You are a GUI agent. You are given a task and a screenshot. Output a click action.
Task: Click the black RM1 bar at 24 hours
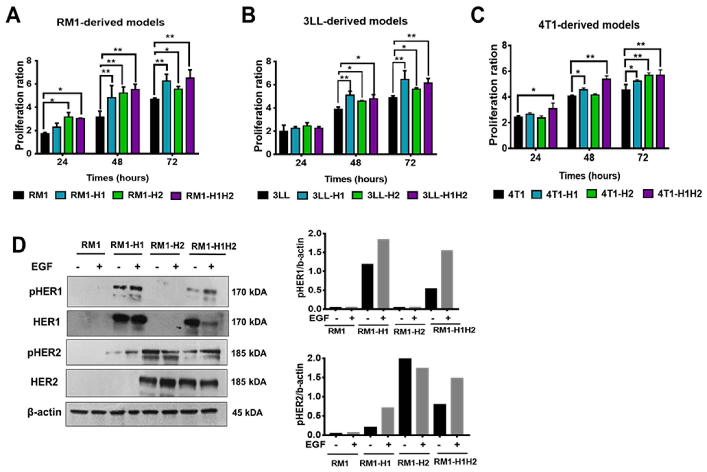tap(45, 143)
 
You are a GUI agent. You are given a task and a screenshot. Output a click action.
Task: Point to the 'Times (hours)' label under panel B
tap(356, 179)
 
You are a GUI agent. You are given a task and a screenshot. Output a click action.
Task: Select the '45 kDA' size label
tap(247, 412)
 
